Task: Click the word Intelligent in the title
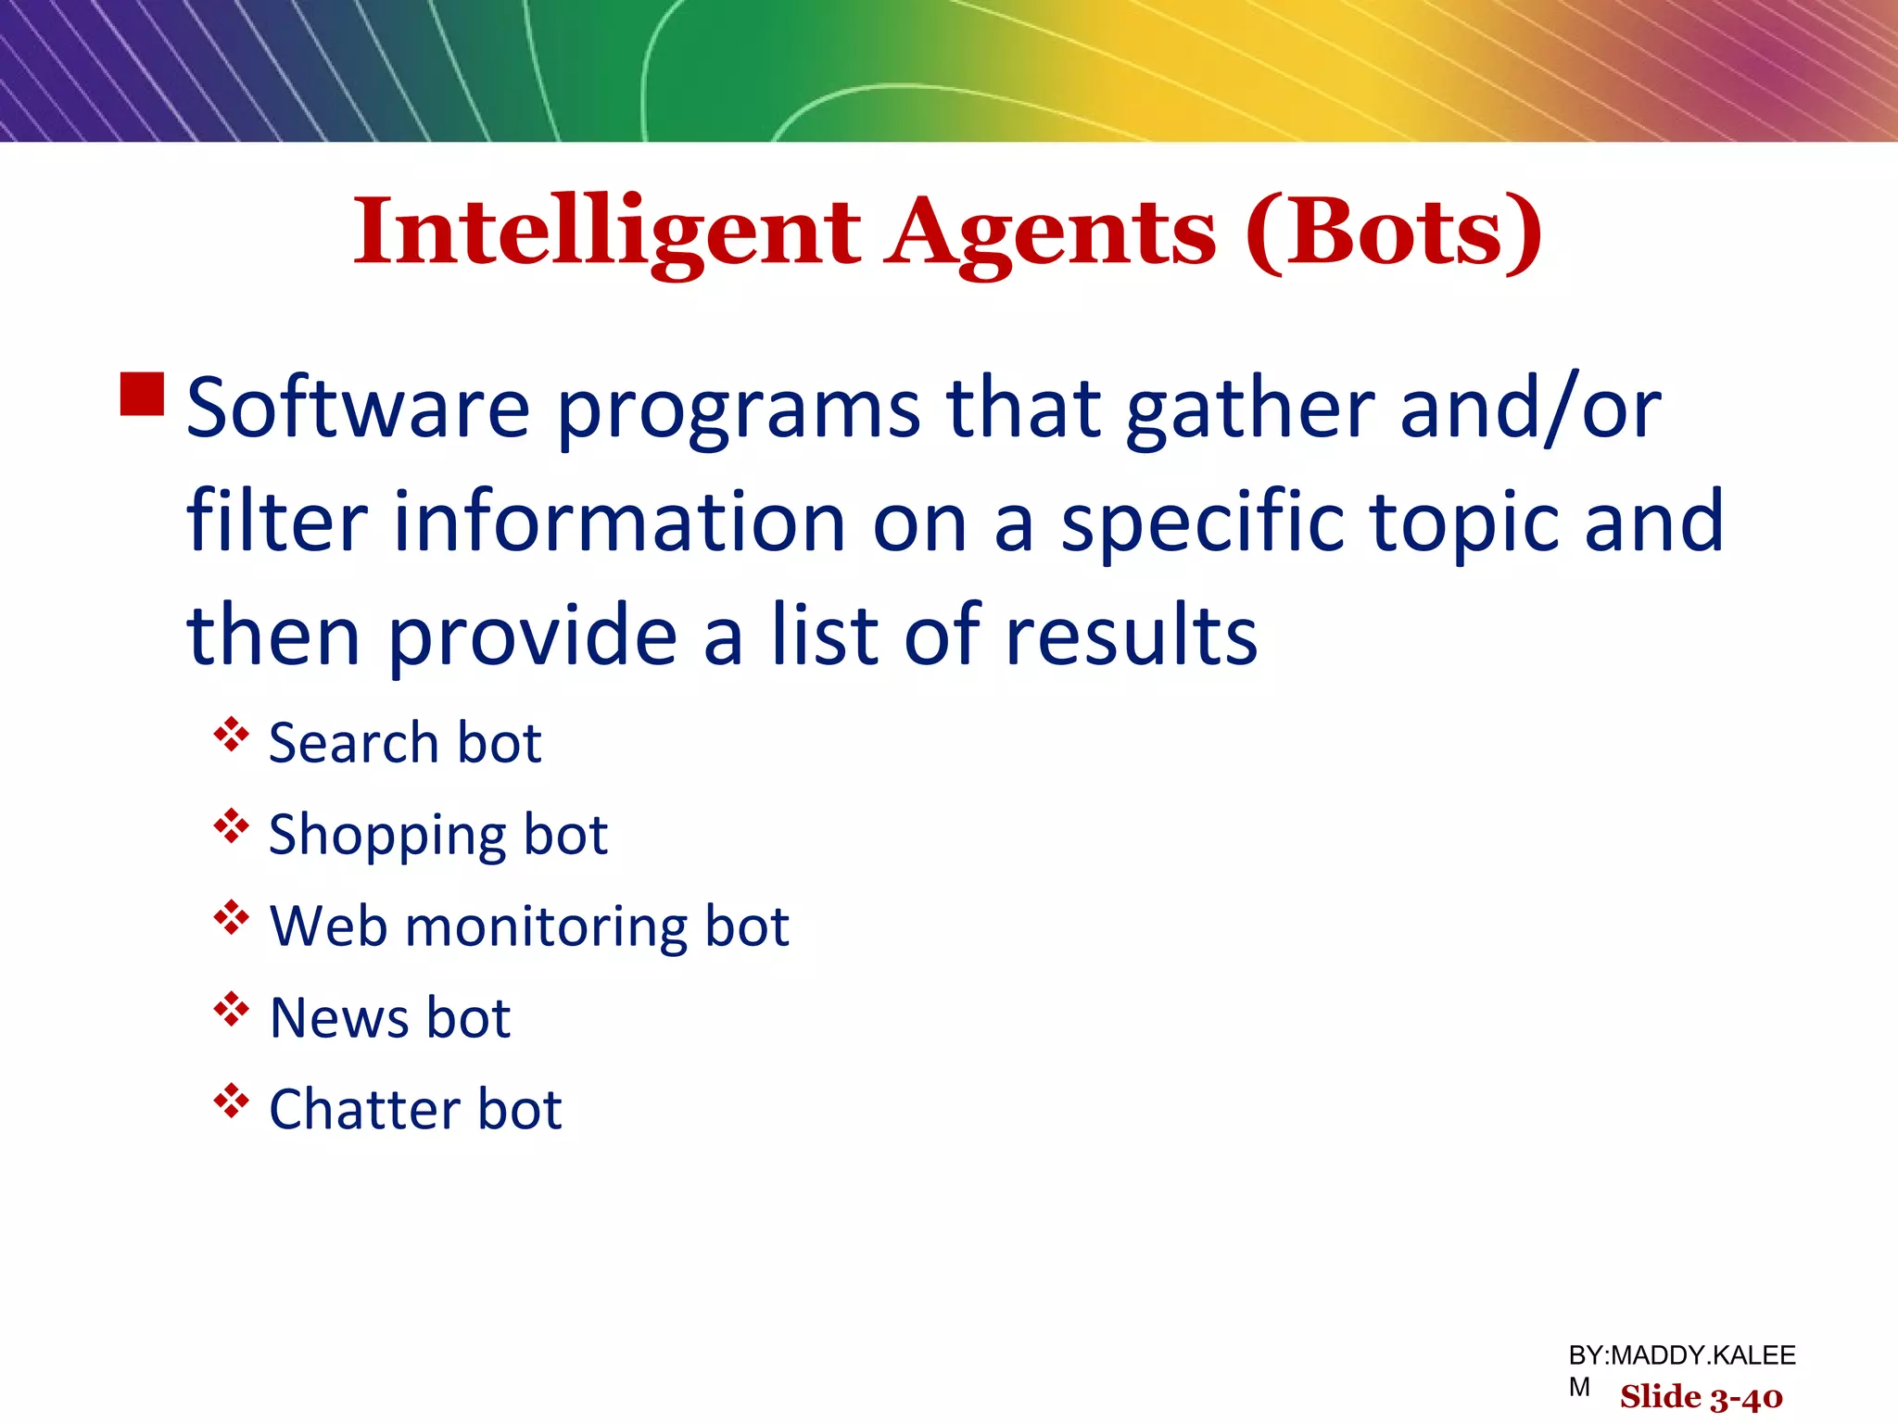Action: [607, 233]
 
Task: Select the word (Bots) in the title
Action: [1394, 233]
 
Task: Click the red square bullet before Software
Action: [143, 394]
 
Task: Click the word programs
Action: [739, 409]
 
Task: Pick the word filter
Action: [277, 521]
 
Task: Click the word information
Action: [619, 521]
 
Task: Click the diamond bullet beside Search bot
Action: [231, 736]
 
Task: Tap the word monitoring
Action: [547, 927]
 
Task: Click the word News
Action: [338, 1018]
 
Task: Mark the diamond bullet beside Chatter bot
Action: [231, 1102]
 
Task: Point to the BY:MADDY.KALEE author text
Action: [1681, 1355]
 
